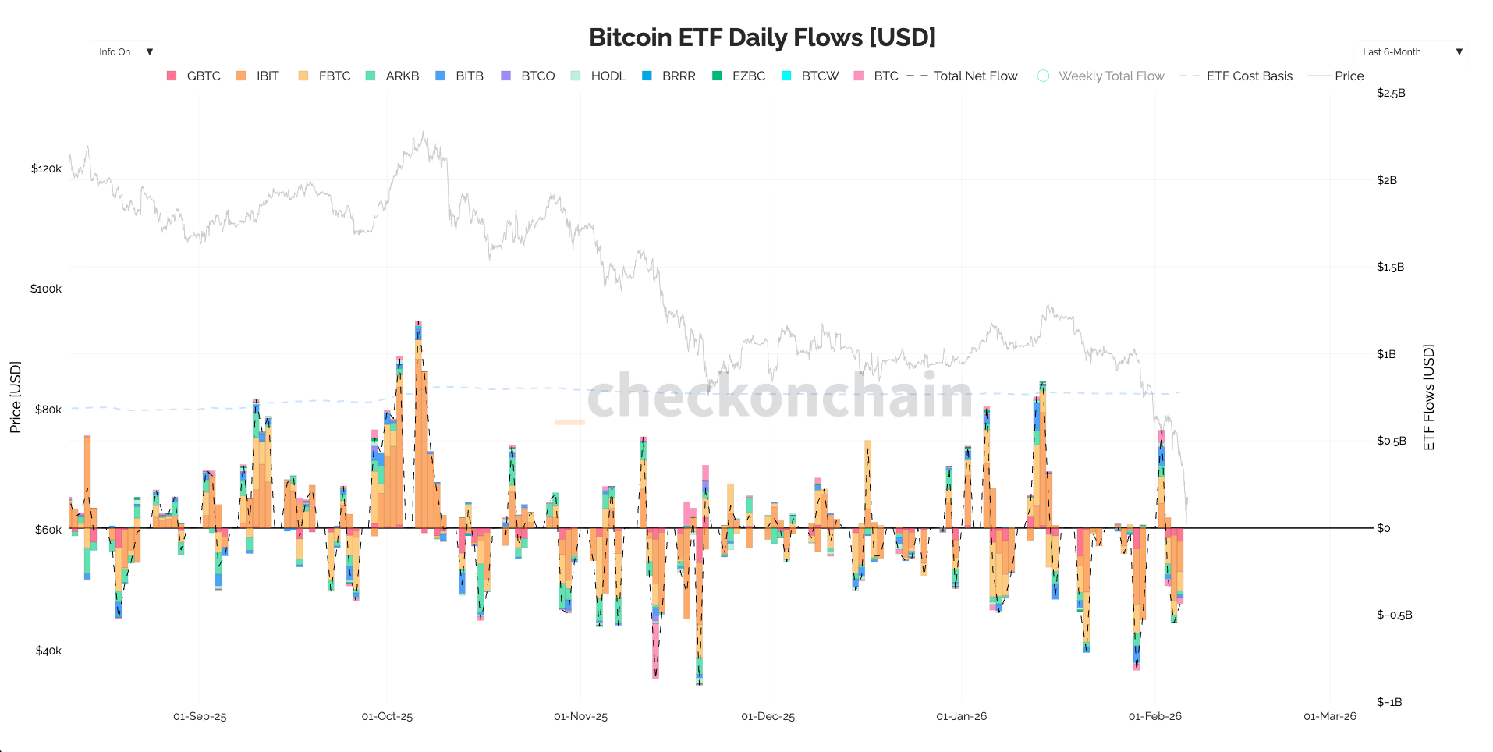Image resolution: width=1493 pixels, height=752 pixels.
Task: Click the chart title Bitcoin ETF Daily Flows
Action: point(762,37)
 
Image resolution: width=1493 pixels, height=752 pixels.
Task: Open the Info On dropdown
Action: point(124,52)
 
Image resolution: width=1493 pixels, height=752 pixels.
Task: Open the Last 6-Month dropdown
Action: point(1410,52)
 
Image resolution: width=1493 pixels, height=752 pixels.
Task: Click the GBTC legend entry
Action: point(194,76)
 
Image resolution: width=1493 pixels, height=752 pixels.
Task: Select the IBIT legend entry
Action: point(258,76)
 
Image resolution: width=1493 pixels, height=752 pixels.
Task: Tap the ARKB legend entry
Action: point(392,76)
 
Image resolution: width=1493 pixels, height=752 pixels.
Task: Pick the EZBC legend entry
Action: point(739,76)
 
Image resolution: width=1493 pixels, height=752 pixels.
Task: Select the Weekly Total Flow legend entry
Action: point(1101,76)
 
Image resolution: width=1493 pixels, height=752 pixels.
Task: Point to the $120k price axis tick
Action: point(46,168)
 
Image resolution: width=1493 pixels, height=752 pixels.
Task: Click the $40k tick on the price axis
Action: point(48,651)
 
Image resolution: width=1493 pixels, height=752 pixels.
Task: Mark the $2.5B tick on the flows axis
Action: point(1391,93)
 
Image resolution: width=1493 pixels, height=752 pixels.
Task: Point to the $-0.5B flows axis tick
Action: point(1395,615)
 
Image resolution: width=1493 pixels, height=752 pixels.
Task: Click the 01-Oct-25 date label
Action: point(387,716)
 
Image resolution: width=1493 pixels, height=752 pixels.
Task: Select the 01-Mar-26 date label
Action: point(1330,716)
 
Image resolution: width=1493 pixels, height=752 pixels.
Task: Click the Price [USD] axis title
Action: point(16,397)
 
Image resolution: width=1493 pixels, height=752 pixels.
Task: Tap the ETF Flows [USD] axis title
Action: point(1429,397)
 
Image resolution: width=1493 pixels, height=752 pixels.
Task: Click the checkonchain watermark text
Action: point(780,396)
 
